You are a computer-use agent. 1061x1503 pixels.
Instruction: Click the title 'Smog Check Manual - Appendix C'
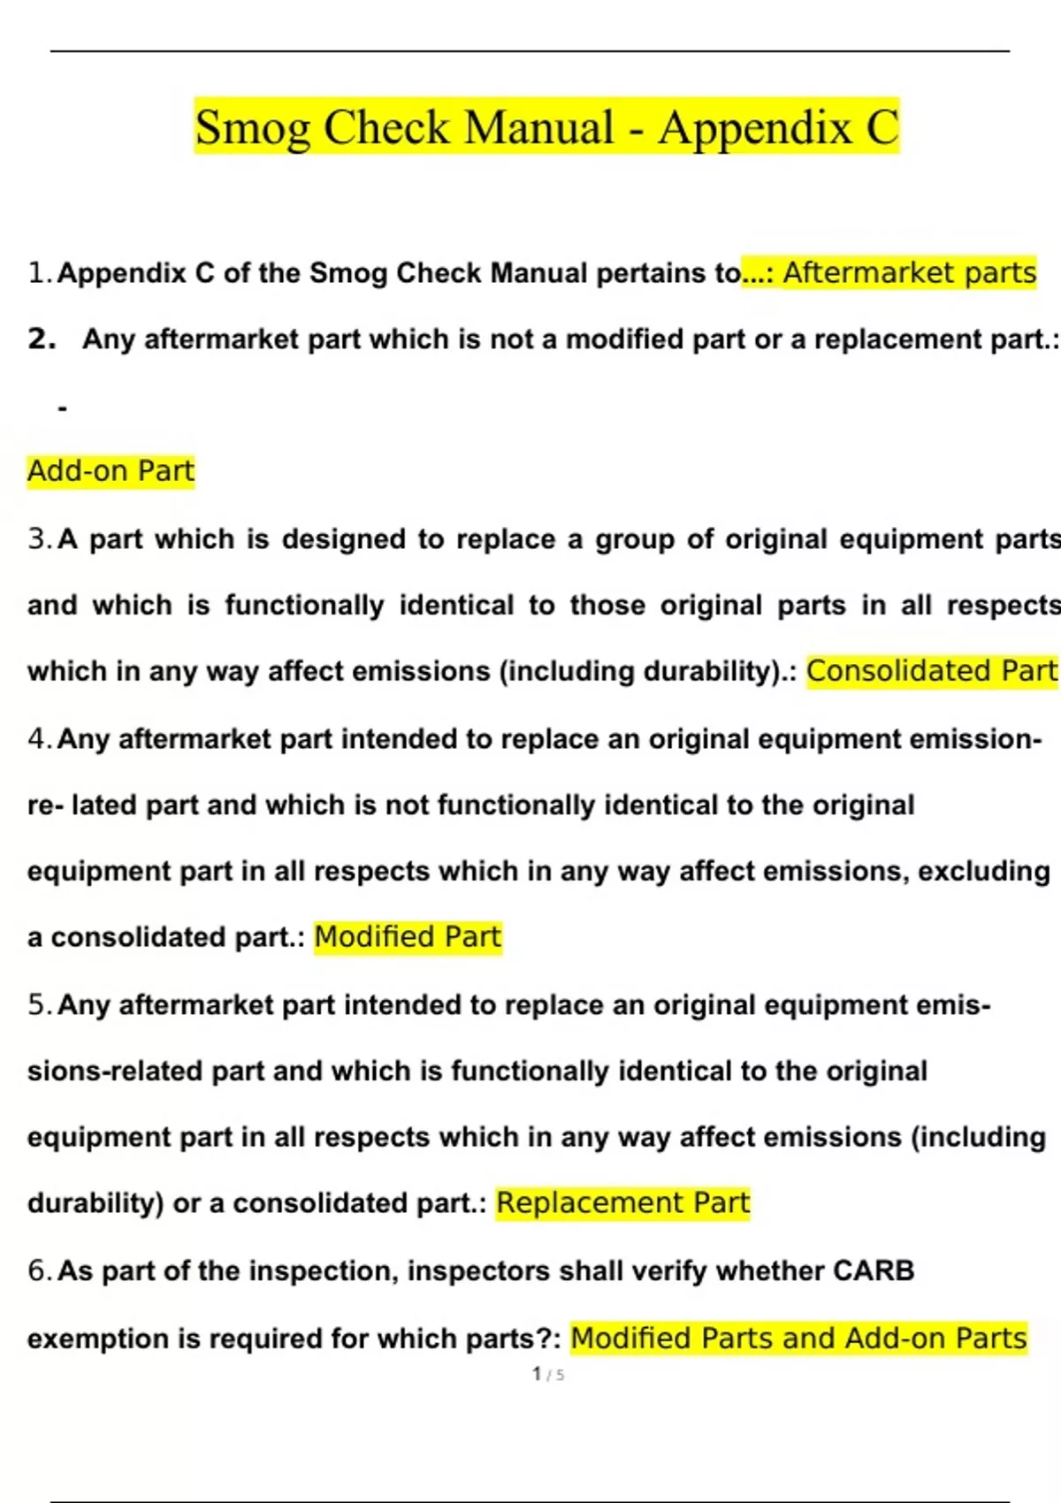(546, 126)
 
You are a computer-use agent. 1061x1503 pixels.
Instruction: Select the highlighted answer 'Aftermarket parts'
(909, 272)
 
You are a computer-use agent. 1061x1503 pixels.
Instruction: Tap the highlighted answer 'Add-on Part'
(111, 470)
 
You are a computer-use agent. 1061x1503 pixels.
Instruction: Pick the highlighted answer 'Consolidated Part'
(931, 671)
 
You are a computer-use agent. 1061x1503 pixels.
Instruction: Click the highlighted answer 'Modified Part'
(408, 936)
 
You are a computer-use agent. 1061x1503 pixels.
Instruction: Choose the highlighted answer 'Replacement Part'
(622, 1202)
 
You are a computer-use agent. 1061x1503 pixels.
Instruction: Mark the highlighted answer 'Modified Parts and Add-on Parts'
(798, 1338)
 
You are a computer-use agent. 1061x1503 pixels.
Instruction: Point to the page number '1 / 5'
(548, 1374)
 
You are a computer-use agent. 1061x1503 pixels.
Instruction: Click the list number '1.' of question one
(40, 273)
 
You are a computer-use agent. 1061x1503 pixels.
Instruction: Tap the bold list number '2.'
(42, 339)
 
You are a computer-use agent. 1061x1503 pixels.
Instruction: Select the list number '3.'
(40, 538)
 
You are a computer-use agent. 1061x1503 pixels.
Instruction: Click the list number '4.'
(40, 738)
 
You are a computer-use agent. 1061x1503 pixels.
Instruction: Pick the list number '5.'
(40, 1004)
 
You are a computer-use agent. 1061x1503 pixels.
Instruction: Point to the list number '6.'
(40, 1270)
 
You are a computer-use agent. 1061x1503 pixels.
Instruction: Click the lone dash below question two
(62, 408)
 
